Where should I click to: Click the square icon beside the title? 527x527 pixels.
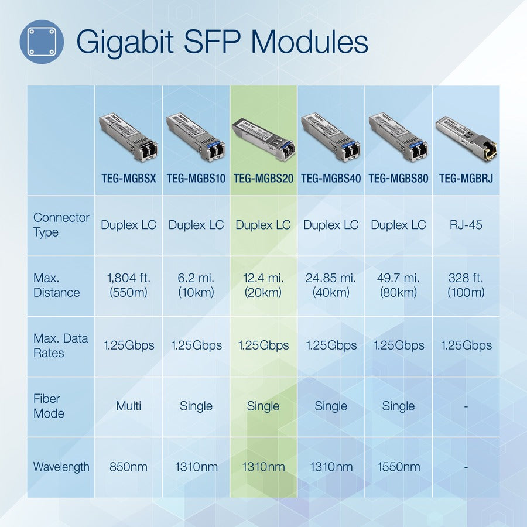click(42, 42)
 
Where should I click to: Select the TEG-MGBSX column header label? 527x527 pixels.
click(128, 178)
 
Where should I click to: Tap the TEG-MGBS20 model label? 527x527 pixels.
click(263, 178)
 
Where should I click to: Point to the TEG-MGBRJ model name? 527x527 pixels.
click(466, 178)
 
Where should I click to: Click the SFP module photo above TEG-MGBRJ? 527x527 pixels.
click(466, 139)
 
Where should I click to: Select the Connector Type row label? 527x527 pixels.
click(61, 225)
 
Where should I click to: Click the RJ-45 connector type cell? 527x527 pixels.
click(466, 225)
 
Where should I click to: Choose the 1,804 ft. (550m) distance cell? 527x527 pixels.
click(128, 285)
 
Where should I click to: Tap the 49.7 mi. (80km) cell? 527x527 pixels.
click(398, 285)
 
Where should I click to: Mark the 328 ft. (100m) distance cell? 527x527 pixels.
click(466, 285)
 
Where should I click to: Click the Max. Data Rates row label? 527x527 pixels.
click(60, 345)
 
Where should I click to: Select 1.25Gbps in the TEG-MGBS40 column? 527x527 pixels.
click(331, 345)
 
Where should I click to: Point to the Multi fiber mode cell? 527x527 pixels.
click(128, 406)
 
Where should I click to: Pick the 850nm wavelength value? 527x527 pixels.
click(128, 467)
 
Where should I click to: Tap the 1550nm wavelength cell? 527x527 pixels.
click(398, 467)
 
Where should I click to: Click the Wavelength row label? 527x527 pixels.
click(61, 467)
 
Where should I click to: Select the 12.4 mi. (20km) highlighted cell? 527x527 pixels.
click(263, 285)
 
